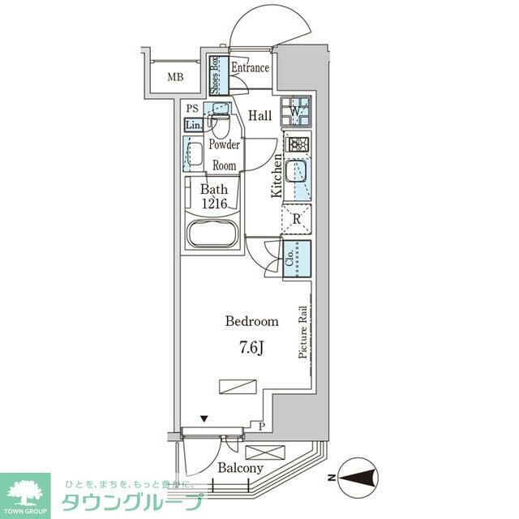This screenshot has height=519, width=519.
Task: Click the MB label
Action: [x=175, y=78]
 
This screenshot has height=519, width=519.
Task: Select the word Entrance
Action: [x=249, y=68]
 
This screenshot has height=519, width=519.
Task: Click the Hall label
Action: [x=259, y=116]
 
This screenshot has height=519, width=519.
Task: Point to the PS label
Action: [x=192, y=109]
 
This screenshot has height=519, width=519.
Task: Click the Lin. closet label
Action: [x=194, y=126]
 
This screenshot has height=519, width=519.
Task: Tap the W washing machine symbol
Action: [x=296, y=110]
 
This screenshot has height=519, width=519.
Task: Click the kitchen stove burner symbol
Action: [x=296, y=145]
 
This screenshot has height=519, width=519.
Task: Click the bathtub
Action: [x=212, y=235]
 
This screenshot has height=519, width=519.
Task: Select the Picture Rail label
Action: [x=302, y=332]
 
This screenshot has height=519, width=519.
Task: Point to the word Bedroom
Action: [x=251, y=321]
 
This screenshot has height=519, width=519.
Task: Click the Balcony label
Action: [x=241, y=469]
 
